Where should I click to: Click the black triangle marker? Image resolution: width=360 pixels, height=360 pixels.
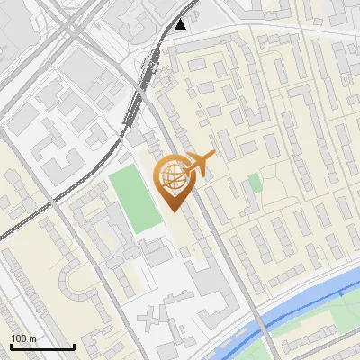[x=183, y=24]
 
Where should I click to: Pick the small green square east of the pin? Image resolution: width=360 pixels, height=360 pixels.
[x=255, y=183]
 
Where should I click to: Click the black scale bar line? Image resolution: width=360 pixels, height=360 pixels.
[x=41, y=346]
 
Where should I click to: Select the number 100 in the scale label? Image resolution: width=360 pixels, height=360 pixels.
[x=18, y=338]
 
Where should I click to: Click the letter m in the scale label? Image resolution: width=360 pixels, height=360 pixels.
[x=32, y=338]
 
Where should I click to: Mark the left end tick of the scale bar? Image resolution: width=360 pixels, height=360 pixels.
[x=11, y=345]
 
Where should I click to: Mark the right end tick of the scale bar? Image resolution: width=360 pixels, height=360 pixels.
[x=73, y=345]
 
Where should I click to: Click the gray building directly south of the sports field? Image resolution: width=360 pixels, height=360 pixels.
[x=157, y=255]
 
